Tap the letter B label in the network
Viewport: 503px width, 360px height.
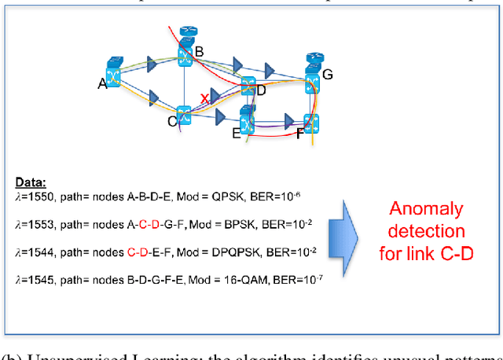200,51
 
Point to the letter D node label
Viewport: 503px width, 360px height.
261,91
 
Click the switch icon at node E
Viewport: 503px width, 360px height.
248,123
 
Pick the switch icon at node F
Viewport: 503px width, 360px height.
311,123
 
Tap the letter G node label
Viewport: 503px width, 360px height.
328,75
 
